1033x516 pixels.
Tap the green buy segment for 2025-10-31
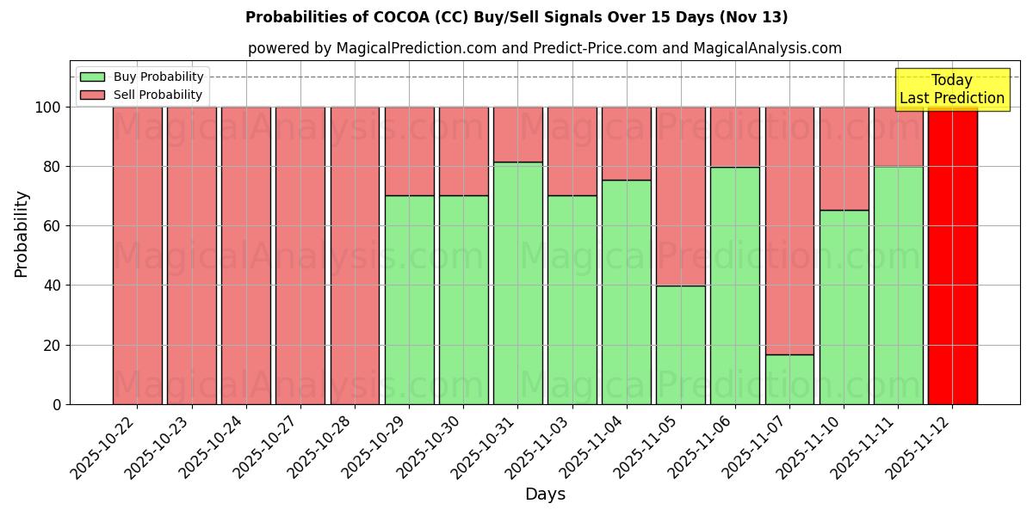[518, 283]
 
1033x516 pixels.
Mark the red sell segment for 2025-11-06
[735, 137]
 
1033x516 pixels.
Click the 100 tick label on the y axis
[48, 107]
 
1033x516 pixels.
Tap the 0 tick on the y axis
[57, 404]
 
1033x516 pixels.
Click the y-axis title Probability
[22, 233]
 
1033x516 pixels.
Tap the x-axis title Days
[545, 494]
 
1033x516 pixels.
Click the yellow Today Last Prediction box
[951, 89]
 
